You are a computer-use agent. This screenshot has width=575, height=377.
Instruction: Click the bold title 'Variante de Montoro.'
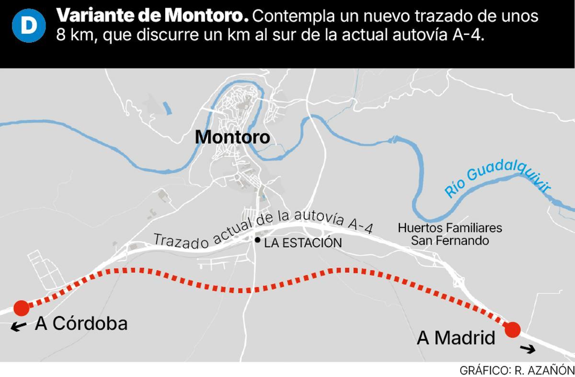tap(152, 16)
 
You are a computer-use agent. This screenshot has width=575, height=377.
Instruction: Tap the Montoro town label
tap(232, 137)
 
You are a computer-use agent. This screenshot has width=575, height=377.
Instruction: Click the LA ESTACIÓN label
tap(303, 243)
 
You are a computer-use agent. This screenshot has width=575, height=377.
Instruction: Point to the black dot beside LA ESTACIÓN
tap(258, 240)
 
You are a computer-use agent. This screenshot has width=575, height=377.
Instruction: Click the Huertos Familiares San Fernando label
tap(449, 234)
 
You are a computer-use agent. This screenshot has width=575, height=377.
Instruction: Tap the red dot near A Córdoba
tap(21, 308)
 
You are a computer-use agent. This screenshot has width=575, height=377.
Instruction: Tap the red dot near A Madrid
tap(513, 330)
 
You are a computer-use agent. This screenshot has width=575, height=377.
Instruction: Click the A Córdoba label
tap(81, 324)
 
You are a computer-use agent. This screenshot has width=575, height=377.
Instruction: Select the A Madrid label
tap(456, 339)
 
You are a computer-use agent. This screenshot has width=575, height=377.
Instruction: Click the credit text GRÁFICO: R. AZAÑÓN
tap(517, 370)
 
